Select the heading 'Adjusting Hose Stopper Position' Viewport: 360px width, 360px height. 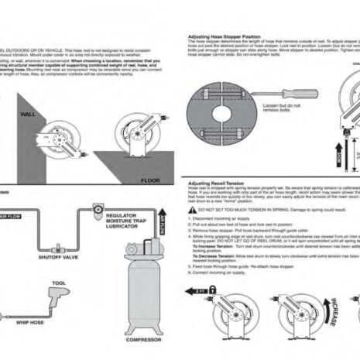[225, 36]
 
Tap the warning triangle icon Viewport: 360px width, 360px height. [193, 209]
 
